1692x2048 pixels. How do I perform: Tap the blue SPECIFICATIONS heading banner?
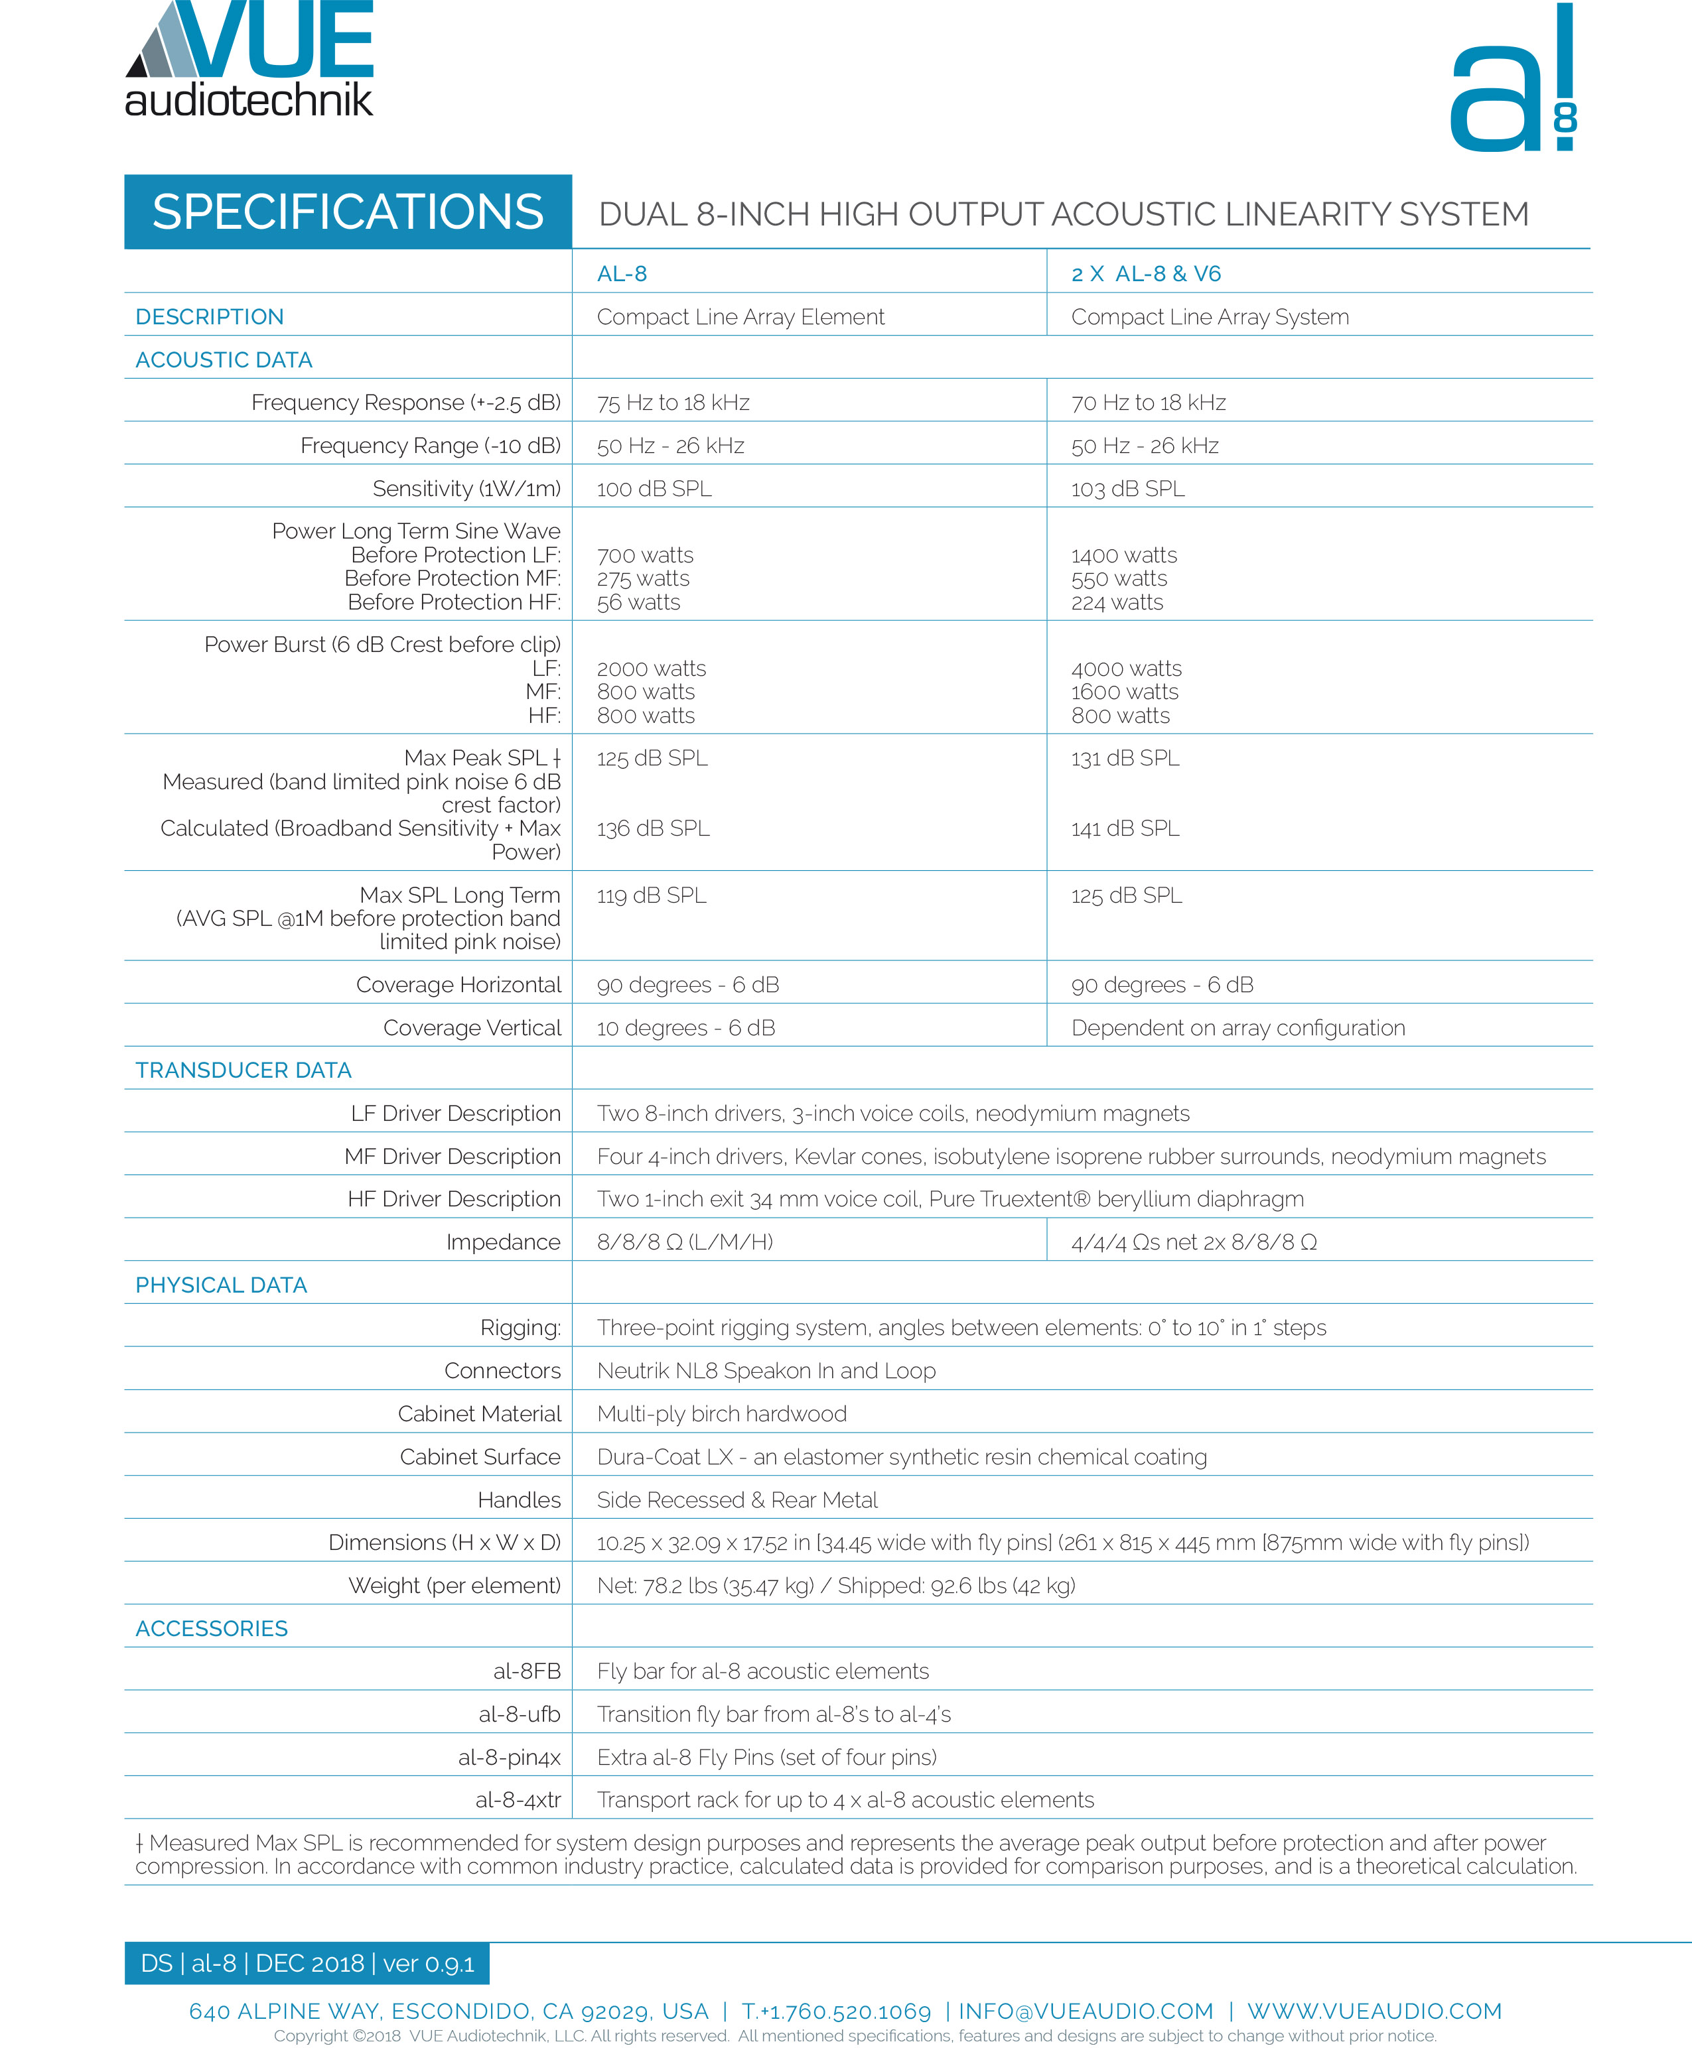click(x=348, y=212)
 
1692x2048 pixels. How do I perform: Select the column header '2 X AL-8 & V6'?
click(x=1145, y=274)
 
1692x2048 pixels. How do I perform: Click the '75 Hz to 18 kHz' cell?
click(x=673, y=403)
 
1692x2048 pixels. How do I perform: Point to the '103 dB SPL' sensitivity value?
click(x=1128, y=488)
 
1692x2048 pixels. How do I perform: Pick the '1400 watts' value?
click(x=1124, y=555)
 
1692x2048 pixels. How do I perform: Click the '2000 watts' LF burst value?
click(x=651, y=669)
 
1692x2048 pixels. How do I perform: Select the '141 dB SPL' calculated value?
click(x=1125, y=828)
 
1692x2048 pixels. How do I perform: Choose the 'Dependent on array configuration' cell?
click(x=1237, y=1028)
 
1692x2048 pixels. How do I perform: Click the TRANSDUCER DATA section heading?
click(x=244, y=1070)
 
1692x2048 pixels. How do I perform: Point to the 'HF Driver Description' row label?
click(x=455, y=1198)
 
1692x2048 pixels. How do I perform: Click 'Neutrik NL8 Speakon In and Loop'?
click(x=766, y=1370)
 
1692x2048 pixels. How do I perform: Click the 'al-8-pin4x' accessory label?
click(x=510, y=1757)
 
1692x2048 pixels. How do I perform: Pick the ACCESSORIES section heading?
click(x=212, y=1628)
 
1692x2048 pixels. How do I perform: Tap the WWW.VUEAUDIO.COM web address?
click(x=1374, y=2011)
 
